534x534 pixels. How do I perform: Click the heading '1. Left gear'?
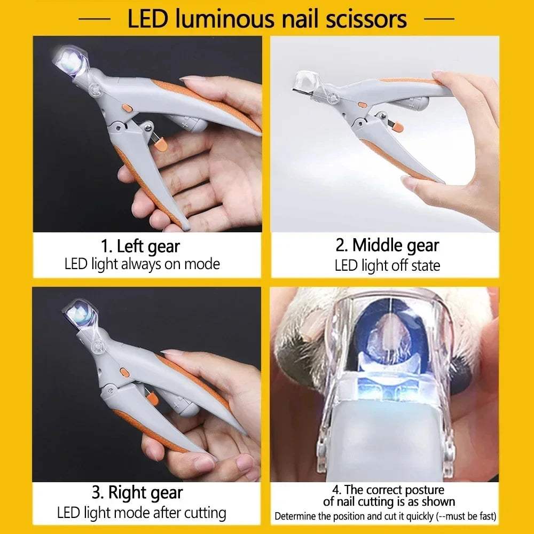pyautogui.click(x=140, y=247)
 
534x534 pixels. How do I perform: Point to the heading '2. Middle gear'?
pyautogui.click(x=387, y=245)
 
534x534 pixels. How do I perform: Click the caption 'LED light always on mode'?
pyautogui.click(x=142, y=264)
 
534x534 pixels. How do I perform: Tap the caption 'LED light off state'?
pyautogui.click(x=387, y=265)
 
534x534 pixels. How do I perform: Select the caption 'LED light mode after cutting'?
pyautogui.click(x=142, y=513)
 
